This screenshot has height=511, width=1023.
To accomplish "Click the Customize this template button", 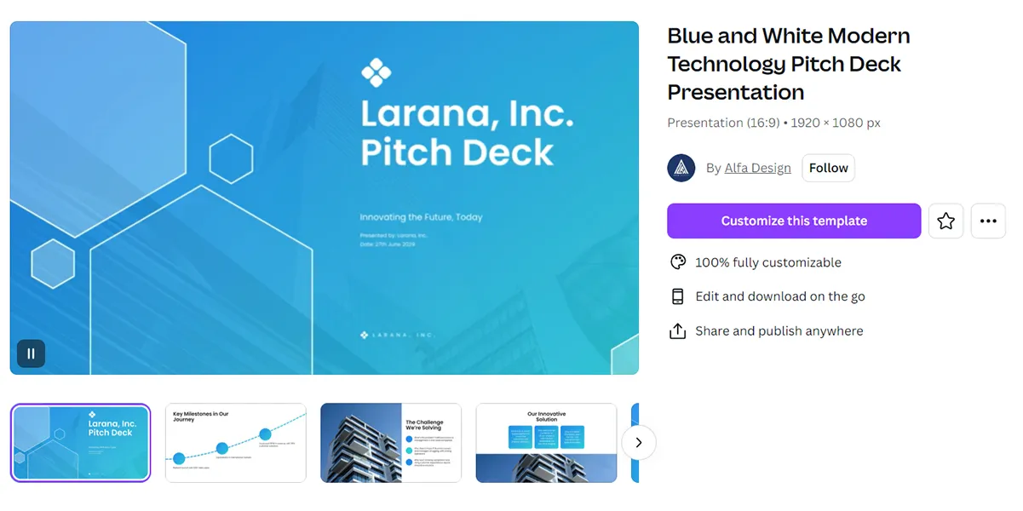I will [x=793, y=221].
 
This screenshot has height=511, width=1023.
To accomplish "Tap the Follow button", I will [x=828, y=168].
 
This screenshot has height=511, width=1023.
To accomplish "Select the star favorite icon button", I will [x=945, y=221].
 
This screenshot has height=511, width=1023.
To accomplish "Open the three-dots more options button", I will [x=988, y=221].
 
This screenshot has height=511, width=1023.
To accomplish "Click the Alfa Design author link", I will [x=757, y=168].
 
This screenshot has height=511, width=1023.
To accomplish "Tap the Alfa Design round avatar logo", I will [x=681, y=168].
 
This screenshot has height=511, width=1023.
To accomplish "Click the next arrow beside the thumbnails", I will [x=639, y=443].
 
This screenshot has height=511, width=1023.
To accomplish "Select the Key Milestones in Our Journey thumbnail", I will [x=235, y=443].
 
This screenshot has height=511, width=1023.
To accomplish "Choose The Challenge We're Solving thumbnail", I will [x=390, y=443].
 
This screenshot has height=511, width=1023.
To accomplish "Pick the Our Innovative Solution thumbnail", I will [x=546, y=443].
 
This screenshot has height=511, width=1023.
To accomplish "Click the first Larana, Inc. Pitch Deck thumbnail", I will [x=80, y=443].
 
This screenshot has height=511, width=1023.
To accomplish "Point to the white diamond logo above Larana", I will [x=376, y=72].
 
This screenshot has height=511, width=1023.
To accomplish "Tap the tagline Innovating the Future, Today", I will [x=421, y=217].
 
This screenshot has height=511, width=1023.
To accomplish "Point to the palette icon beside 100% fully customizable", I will [x=678, y=262].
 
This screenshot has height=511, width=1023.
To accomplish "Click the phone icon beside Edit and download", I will [x=678, y=296].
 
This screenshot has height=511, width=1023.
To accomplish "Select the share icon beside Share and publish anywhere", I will [x=678, y=330].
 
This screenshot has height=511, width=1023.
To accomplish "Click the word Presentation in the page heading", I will [x=736, y=92].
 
